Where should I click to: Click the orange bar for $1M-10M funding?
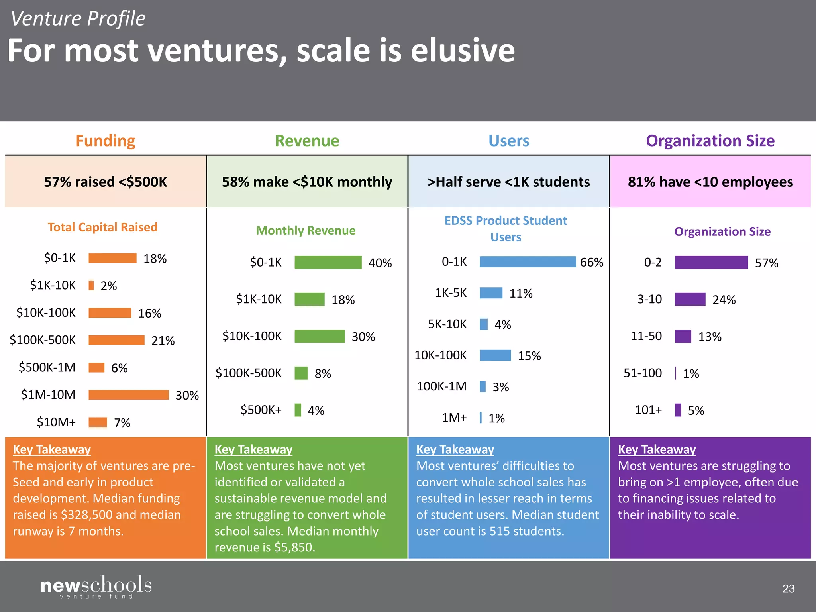(x=128, y=394)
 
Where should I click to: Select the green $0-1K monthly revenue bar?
(x=328, y=262)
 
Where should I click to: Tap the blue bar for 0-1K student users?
(x=528, y=262)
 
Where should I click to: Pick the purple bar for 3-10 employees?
(x=690, y=299)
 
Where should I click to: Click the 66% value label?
(x=591, y=262)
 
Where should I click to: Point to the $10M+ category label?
(x=56, y=422)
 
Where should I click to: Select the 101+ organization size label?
(x=648, y=410)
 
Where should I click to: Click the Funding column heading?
(x=105, y=141)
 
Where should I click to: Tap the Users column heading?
(x=509, y=141)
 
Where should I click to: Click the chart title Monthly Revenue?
(x=306, y=230)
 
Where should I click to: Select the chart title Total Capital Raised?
(x=102, y=227)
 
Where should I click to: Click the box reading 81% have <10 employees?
(x=710, y=182)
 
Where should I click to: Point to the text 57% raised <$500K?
(x=105, y=182)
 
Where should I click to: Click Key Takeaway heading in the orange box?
(x=52, y=449)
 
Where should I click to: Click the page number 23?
(x=788, y=588)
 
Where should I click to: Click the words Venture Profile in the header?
(x=78, y=19)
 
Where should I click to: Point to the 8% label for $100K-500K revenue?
(x=323, y=373)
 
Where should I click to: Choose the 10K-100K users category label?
(x=440, y=355)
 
